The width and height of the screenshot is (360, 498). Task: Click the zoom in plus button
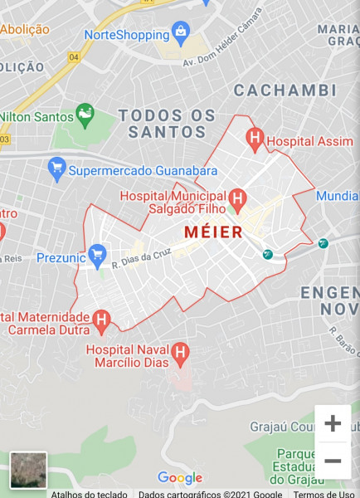pos(333,423)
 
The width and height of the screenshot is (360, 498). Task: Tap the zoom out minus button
pos(333,461)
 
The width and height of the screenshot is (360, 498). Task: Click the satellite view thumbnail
pos(28,469)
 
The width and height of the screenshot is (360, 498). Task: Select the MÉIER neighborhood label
pos(213,232)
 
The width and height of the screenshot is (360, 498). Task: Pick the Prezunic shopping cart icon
pos(98,254)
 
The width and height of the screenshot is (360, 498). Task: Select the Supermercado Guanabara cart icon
pos(57,170)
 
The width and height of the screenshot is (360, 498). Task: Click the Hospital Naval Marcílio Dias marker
pos(179,355)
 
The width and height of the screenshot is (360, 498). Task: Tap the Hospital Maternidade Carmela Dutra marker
pos(101,319)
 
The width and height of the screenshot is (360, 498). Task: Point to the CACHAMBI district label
pos(285,90)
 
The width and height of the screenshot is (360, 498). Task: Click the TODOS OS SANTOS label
pos(167,123)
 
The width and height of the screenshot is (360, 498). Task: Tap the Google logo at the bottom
pos(180,478)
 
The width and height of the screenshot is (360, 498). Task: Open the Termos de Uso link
pos(324,494)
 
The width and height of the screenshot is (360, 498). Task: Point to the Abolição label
pos(24,30)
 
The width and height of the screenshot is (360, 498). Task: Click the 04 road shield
pos(75,57)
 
